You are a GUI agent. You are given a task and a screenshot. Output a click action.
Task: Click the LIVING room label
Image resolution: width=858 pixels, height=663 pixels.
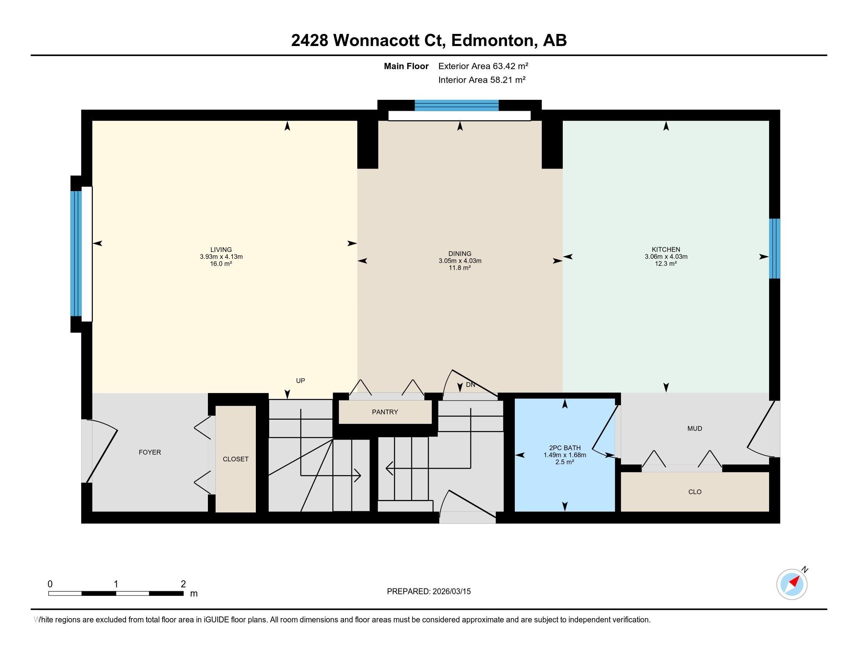(x=221, y=250)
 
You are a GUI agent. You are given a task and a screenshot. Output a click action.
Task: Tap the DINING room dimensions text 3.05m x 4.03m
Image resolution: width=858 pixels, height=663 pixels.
(x=460, y=261)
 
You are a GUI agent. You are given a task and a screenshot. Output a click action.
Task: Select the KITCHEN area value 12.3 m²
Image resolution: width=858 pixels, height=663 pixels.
(x=665, y=264)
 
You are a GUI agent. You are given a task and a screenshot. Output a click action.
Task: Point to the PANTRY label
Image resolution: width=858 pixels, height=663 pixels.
(x=385, y=412)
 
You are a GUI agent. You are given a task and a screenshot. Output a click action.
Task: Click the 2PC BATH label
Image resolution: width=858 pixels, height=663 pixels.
(x=565, y=448)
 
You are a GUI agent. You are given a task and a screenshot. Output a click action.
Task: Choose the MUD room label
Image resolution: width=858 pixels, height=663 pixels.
(x=694, y=429)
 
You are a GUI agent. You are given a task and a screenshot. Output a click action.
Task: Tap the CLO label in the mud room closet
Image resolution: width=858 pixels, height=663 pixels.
(x=695, y=492)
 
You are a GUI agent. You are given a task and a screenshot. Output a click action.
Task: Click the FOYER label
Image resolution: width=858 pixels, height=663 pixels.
(x=150, y=452)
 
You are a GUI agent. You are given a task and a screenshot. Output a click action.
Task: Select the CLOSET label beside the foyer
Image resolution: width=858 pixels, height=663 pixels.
(x=235, y=459)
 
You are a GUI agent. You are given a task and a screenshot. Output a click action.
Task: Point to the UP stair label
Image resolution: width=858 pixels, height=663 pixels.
(x=300, y=381)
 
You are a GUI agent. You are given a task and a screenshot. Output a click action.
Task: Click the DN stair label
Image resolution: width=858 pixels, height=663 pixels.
(x=470, y=385)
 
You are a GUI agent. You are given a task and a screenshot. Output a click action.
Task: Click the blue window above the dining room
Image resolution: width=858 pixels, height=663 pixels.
(x=457, y=106)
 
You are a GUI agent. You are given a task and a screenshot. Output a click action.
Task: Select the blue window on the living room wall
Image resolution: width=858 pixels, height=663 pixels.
(x=76, y=253)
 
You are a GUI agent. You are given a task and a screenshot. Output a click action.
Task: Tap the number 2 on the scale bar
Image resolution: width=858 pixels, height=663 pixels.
(x=183, y=584)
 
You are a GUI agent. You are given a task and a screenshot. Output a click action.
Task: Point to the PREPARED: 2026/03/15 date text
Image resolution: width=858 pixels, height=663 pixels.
(x=429, y=592)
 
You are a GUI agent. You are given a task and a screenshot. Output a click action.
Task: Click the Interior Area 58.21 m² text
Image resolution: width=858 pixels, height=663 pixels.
(x=482, y=80)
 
